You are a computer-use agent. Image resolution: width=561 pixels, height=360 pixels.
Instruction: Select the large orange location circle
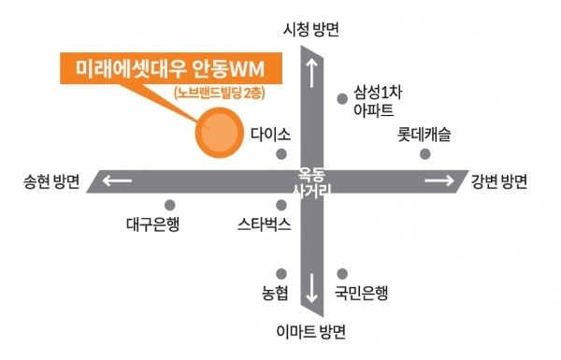click(218, 134)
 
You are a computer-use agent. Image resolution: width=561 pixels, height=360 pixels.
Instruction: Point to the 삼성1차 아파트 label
click(375, 101)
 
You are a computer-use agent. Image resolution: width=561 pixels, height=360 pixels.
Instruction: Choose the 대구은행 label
click(151, 224)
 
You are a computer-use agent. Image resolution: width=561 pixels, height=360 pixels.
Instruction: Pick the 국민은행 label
click(361, 293)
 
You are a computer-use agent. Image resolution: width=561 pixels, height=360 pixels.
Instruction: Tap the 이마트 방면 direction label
click(311, 332)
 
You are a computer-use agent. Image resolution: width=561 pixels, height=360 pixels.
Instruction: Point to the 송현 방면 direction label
click(52, 181)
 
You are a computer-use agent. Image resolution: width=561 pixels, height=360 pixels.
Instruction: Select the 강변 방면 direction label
click(501, 181)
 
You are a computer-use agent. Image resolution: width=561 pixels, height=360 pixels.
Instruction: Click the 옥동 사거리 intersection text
click(311, 181)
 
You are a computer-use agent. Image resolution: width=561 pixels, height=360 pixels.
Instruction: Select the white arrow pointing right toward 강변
click(438, 181)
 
